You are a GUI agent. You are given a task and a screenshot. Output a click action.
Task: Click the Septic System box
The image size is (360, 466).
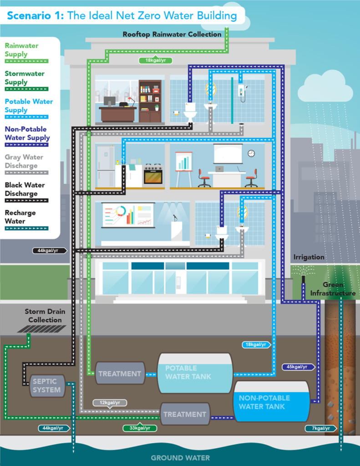46,385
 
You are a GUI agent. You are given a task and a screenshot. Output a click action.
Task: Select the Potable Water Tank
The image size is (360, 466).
195,373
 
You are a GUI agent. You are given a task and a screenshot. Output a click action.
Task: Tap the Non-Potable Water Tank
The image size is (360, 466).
271,401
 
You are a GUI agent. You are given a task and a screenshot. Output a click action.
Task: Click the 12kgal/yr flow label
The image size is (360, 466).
109,403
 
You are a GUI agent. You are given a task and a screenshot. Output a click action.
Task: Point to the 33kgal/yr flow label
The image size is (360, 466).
140,428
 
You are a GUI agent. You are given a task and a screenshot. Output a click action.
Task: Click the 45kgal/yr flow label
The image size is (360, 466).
298,366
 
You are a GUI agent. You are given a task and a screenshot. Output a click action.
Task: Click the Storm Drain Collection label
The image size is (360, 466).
45,316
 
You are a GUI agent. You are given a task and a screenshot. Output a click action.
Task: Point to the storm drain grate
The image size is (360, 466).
42,329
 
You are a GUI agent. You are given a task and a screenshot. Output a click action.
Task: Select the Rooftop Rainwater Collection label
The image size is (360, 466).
172,34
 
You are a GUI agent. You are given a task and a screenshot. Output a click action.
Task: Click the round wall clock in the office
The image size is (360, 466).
251,153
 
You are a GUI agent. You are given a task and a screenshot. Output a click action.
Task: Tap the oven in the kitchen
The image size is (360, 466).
153,174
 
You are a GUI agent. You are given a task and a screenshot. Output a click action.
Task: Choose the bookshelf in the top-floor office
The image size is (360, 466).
150,101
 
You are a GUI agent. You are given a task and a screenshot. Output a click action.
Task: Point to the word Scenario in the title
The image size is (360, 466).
34,16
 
